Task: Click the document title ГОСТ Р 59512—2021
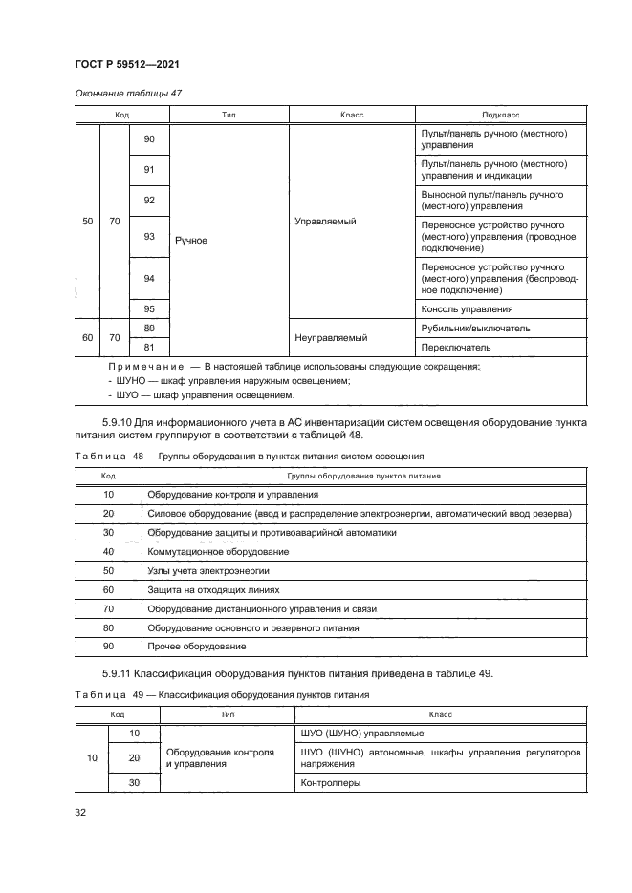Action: pos(128,64)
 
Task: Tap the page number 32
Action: pos(81,812)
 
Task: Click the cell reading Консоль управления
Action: pos(467,309)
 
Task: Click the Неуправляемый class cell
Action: pos(334,338)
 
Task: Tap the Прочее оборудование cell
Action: pos(191,647)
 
